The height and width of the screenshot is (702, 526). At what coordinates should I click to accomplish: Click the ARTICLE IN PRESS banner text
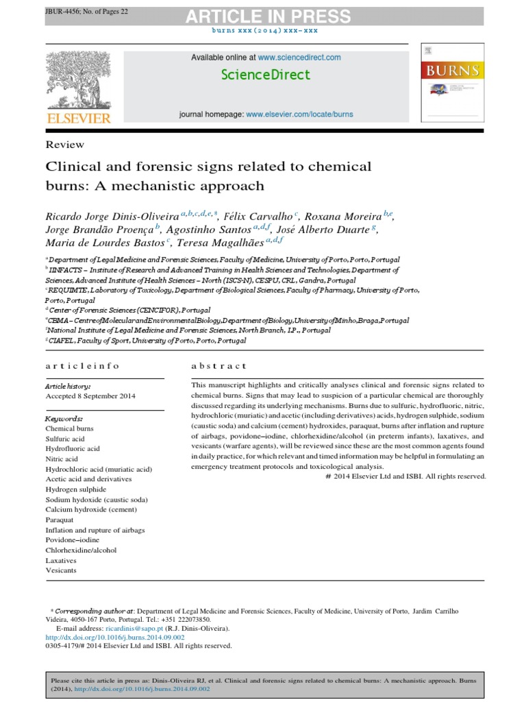[x=263, y=16]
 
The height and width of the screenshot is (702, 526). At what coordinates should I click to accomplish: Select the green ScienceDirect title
[x=266, y=75]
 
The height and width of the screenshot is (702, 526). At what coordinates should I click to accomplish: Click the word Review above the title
[x=64, y=145]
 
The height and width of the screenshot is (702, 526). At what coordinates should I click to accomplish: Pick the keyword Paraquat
[x=60, y=520]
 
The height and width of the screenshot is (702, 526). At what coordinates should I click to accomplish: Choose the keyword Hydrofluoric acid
[x=73, y=448]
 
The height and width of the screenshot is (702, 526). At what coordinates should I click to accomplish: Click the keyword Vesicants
[x=61, y=570]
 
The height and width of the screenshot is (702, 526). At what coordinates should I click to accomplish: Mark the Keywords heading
[x=64, y=417]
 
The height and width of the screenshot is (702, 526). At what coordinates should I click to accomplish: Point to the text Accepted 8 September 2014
[x=90, y=396]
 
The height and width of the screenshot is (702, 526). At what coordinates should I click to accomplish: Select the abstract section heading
[x=219, y=366]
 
